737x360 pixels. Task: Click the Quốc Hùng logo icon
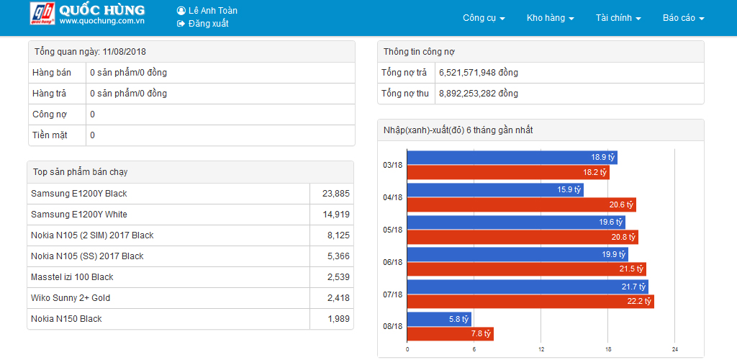[x=42, y=14]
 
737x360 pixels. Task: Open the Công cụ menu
[x=484, y=18]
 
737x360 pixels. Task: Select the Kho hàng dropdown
[x=550, y=18]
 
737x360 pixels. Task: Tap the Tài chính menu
[x=618, y=18]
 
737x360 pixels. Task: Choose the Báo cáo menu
[x=683, y=18]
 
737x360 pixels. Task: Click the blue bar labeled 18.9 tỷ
[x=512, y=157]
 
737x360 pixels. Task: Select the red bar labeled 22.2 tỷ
[x=530, y=301]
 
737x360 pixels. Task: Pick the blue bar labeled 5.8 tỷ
[x=439, y=318]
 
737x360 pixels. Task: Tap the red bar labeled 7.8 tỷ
[x=450, y=333]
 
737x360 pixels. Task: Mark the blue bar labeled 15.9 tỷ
[x=495, y=189]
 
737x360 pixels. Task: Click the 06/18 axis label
[x=392, y=262]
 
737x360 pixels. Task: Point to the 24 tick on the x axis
[x=675, y=349]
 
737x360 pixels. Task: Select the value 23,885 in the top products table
[x=335, y=194]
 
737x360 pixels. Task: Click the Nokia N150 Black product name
[x=66, y=319]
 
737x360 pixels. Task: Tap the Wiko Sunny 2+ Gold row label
[x=71, y=298]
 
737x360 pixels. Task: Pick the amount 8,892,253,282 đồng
[x=478, y=94]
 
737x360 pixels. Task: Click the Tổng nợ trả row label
[x=404, y=73]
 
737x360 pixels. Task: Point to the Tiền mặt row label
[x=50, y=135]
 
